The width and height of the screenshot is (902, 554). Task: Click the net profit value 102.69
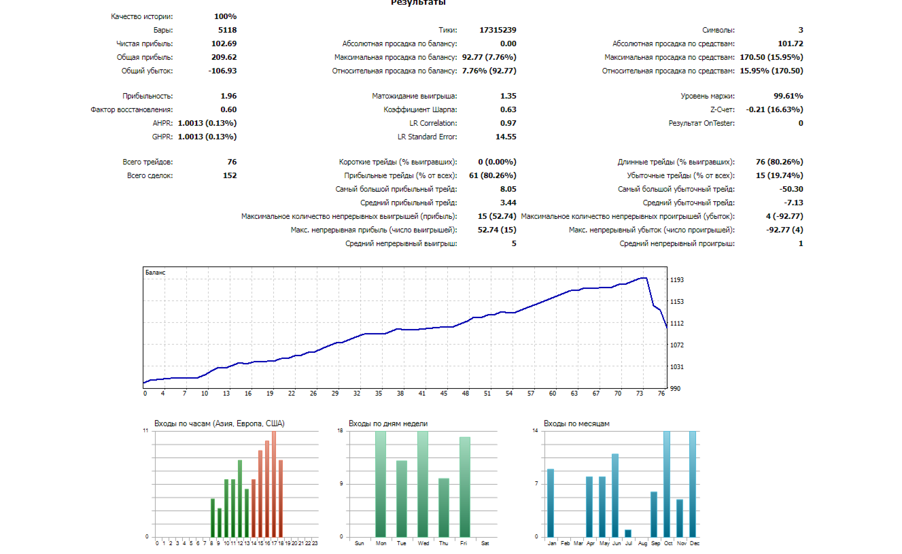(x=224, y=44)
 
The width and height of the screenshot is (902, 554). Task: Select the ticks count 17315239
(x=498, y=30)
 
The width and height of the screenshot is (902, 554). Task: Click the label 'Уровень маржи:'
(x=708, y=96)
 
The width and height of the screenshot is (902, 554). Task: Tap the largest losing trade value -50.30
(x=790, y=189)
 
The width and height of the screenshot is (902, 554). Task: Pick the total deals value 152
(x=230, y=175)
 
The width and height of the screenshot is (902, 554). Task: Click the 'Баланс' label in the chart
(x=156, y=273)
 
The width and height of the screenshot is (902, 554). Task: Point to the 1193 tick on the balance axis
(x=676, y=280)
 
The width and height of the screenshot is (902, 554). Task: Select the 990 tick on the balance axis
(x=676, y=389)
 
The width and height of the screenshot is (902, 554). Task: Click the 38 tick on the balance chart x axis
(x=400, y=394)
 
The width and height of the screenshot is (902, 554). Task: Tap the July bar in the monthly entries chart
(x=628, y=533)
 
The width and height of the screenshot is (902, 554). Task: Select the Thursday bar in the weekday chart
(x=444, y=507)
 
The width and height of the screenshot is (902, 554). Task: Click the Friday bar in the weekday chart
(x=465, y=487)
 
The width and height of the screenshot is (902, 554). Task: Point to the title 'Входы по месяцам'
(x=576, y=423)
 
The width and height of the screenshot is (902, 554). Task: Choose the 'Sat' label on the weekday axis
(x=485, y=543)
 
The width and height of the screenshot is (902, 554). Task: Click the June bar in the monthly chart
(x=615, y=495)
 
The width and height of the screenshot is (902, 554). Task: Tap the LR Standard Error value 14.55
(x=506, y=137)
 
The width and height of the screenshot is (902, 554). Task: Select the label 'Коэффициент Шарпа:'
(x=420, y=109)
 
